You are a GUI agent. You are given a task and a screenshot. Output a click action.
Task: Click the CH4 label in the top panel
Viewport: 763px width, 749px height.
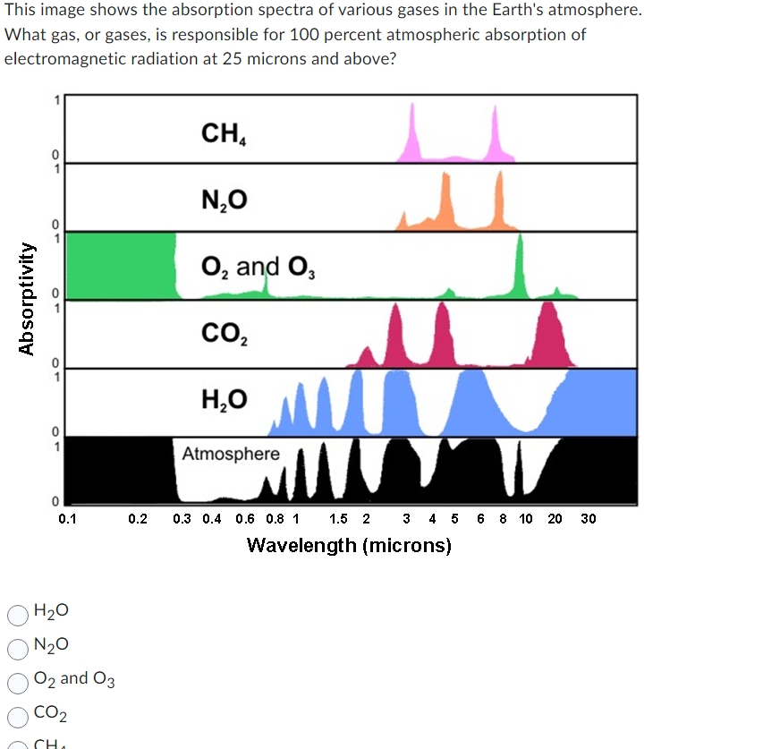coord(224,134)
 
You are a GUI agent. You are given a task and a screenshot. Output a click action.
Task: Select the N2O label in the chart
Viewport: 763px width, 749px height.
coord(224,200)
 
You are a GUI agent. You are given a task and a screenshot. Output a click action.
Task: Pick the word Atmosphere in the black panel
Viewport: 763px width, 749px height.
coord(231,454)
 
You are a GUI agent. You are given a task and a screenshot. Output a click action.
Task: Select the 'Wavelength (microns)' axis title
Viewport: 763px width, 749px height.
coord(349,545)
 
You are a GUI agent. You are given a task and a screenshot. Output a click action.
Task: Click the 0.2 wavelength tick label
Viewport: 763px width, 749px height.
coord(138,519)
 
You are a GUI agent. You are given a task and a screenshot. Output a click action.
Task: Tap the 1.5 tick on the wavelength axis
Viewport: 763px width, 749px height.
coord(339,519)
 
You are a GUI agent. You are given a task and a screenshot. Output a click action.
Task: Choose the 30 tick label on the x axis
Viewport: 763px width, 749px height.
coord(588,519)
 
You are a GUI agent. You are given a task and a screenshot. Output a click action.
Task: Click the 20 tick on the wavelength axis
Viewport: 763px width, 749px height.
coord(555,519)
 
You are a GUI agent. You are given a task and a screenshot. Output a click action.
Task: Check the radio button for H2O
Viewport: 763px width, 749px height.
coord(17,614)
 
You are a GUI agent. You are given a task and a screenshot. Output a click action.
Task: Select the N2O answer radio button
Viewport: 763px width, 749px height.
coord(17,647)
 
